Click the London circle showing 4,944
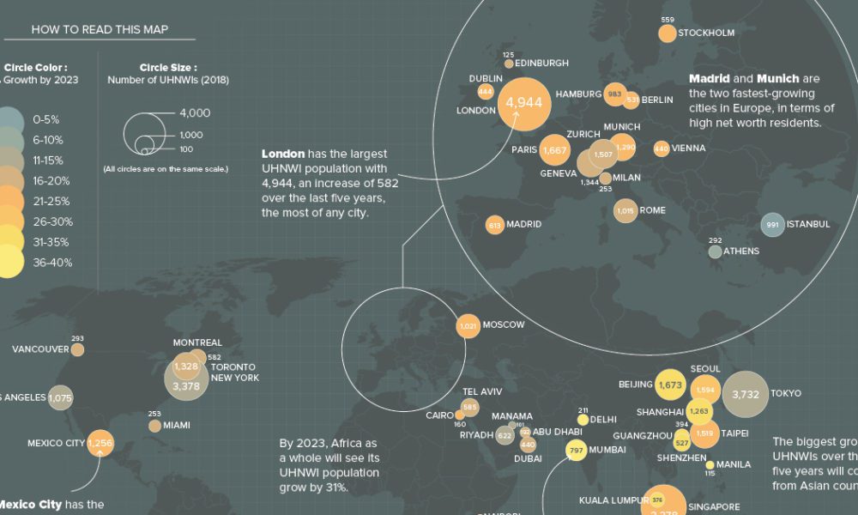(x=524, y=103)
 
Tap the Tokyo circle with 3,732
(x=745, y=394)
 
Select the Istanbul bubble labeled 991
(x=772, y=225)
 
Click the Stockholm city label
(x=706, y=33)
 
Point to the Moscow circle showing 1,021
(x=468, y=326)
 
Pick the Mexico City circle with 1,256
(x=100, y=443)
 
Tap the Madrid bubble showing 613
(x=494, y=225)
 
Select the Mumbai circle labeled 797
(x=576, y=450)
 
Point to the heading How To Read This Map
(x=100, y=29)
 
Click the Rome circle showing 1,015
(x=625, y=210)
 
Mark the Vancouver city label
(x=40, y=349)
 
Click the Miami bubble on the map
(x=154, y=426)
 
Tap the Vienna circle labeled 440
(x=661, y=148)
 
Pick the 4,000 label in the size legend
(x=195, y=112)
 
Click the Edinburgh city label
(x=543, y=63)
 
